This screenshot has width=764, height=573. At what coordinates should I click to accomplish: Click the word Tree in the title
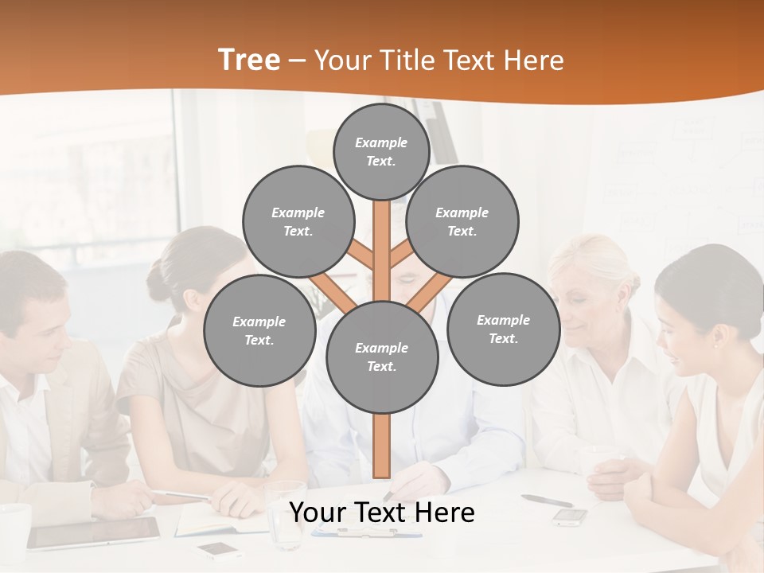(x=249, y=60)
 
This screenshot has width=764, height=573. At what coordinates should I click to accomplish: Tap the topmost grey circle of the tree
(x=381, y=151)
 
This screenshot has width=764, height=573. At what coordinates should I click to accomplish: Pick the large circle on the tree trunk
(x=382, y=357)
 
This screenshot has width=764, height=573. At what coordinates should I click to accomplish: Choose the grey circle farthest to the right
(x=503, y=329)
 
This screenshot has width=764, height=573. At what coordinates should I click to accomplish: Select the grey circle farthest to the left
(x=259, y=331)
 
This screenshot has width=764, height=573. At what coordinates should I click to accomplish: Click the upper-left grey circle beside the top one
(x=298, y=221)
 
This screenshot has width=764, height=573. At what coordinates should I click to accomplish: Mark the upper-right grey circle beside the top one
(x=462, y=221)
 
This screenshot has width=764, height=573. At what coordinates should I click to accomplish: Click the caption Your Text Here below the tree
(x=382, y=513)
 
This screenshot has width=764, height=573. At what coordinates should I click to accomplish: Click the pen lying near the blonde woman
(x=547, y=500)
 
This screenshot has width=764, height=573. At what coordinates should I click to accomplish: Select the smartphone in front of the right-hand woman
(x=570, y=516)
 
